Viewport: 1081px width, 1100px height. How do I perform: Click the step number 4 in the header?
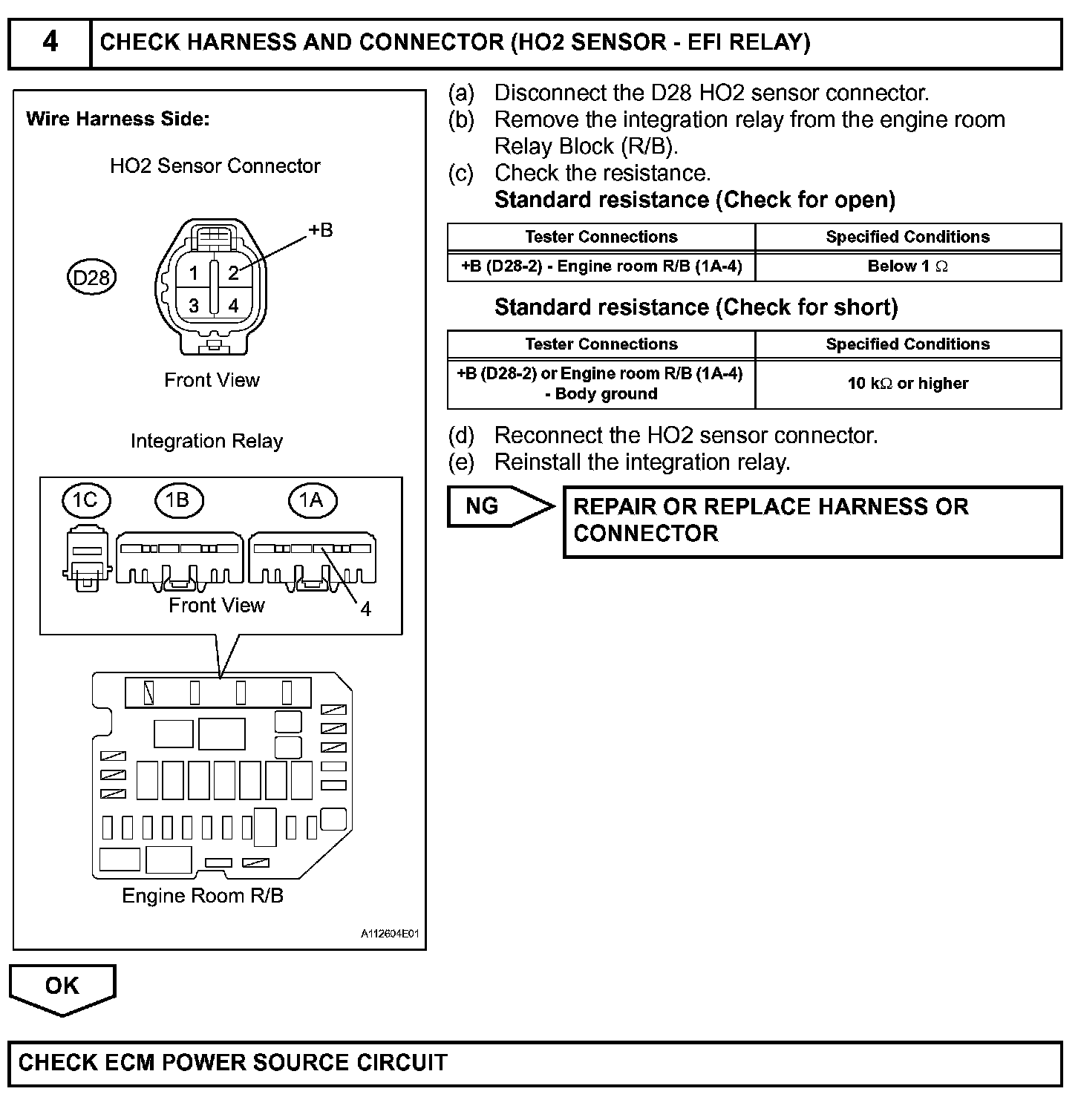point(50,42)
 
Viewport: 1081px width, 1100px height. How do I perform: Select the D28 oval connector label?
point(91,278)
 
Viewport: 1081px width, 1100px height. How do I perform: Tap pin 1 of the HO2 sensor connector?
point(194,273)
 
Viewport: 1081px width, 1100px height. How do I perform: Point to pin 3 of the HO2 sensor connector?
point(194,305)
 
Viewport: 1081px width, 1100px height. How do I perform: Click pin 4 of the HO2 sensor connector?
point(233,305)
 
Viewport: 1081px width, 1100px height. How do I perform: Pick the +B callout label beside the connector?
point(320,230)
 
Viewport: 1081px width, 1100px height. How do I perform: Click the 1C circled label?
point(86,500)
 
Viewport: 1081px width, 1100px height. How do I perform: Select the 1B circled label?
point(178,500)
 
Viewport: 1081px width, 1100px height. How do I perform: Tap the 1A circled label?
point(312,500)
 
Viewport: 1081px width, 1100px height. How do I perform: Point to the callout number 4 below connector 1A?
point(365,609)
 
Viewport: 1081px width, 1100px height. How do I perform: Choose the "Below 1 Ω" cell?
point(907,266)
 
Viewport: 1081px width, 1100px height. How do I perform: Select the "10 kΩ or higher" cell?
point(907,384)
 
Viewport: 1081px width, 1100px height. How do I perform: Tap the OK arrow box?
point(62,986)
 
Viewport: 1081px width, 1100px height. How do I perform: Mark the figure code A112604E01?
point(390,933)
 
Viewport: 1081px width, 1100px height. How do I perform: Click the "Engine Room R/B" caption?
point(203,895)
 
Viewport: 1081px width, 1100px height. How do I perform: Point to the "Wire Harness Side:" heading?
point(118,119)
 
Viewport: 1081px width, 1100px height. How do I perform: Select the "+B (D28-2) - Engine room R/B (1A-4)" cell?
point(601,266)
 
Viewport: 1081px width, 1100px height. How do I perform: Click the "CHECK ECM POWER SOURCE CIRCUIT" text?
point(233,1062)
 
